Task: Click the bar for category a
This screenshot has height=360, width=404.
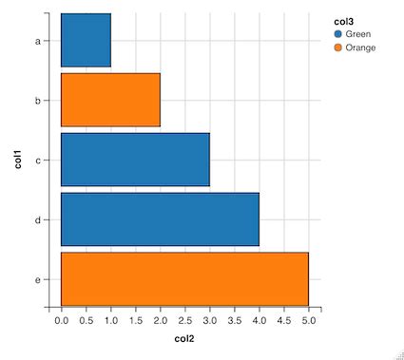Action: tap(86, 40)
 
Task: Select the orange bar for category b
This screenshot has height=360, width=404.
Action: tap(110, 100)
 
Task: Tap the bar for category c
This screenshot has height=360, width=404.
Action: tap(135, 160)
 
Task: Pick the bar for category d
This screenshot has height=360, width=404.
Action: tap(160, 219)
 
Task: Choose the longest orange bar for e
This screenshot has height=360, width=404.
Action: tap(184, 279)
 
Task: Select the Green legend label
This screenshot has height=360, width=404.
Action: tap(358, 33)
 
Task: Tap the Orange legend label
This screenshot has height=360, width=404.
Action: tap(360, 47)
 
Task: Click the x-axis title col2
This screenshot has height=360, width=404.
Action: tap(184, 339)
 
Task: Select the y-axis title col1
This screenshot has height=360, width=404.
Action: tap(17, 160)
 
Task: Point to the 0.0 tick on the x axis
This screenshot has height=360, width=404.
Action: tap(62, 322)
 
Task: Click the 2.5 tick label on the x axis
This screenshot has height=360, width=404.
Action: tap(184, 322)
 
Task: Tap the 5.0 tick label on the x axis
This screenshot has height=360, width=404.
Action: tap(308, 322)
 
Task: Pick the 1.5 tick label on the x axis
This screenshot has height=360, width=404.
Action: tap(136, 322)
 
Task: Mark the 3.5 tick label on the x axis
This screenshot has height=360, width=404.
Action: tap(234, 322)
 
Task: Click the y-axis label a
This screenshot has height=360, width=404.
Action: tap(37, 41)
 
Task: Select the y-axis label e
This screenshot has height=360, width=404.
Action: tap(37, 280)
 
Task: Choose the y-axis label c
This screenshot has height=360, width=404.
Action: tap(37, 161)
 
